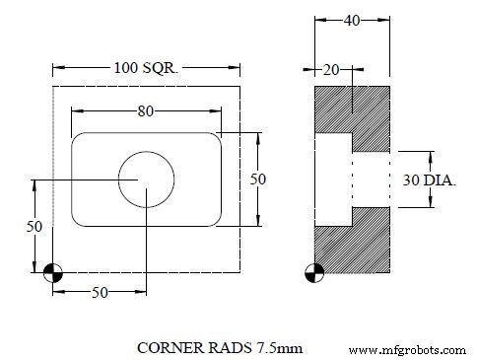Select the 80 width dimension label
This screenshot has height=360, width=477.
click(x=146, y=111)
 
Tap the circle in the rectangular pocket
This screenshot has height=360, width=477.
click(x=146, y=180)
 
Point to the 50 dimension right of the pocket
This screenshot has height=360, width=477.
click(x=258, y=180)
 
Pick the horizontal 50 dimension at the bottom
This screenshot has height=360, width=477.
click(x=100, y=293)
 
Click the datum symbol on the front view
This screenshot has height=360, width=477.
click(x=53, y=273)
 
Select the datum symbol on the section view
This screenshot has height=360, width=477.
click(x=314, y=273)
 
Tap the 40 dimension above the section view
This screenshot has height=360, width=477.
click(x=352, y=20)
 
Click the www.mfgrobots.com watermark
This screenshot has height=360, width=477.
click(x=408, y=349)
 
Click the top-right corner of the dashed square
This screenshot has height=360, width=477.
click(x=241, y=86)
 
